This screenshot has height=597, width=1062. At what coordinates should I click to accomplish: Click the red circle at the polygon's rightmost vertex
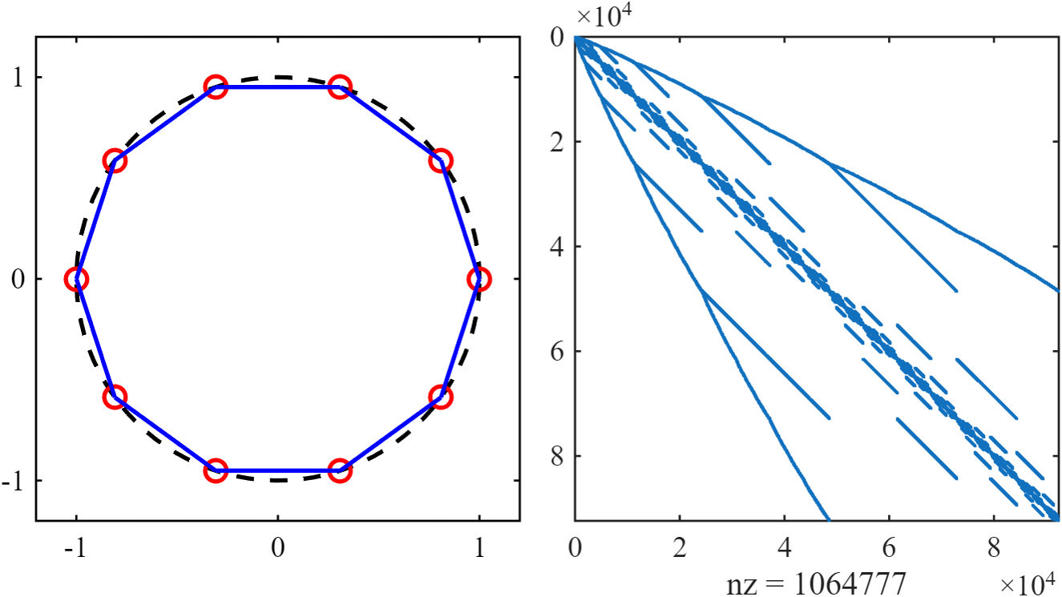pos(479,279)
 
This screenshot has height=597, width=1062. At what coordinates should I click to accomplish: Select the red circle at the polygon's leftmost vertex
pos(76,279)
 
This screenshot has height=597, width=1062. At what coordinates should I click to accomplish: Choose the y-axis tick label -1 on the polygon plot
pos(14,481)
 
